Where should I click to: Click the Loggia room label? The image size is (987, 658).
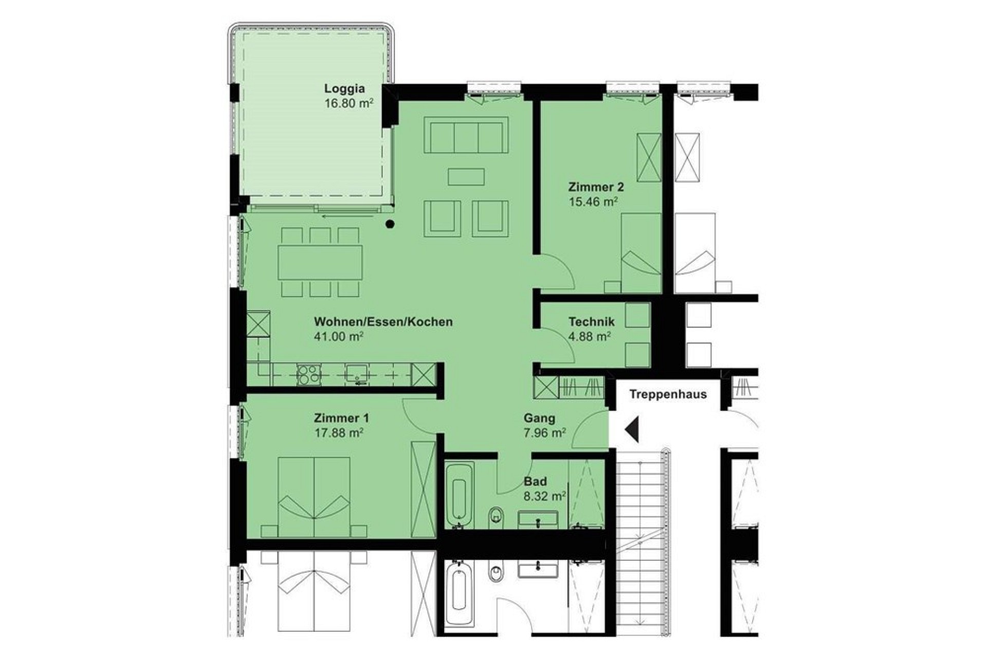tap(344, 88)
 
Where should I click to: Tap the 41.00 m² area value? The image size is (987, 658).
tap(339, 336)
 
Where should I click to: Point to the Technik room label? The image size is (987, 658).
tap(591, 322)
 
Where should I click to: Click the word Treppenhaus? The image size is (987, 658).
tap(668, 394)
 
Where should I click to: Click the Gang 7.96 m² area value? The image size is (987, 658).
tap(545, 433)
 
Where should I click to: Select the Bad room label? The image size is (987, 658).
tap(535, 482)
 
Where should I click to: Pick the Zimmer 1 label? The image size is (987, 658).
tap(341, 418)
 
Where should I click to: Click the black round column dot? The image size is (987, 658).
tap(390, 224)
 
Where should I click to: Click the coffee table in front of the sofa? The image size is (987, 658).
tap(466, 176)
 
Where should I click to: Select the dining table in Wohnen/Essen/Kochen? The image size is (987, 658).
tap(320, 263)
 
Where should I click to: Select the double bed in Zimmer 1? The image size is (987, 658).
tap(314, 497)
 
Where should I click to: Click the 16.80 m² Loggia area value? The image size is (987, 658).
tap(349, 103)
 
